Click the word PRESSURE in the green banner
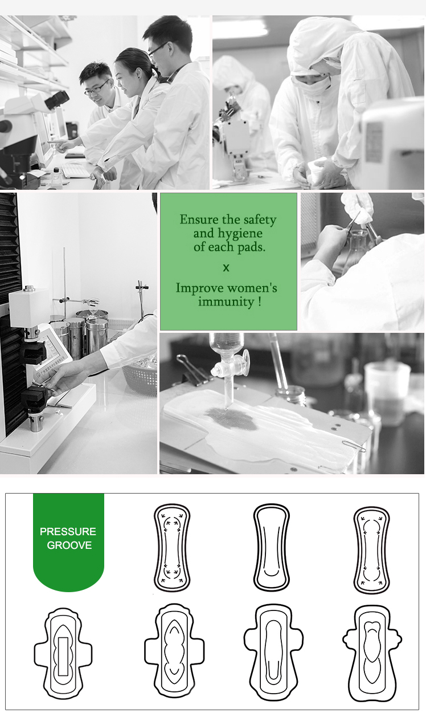[x=68, y=532]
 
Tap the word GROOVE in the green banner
[x=69, y=545]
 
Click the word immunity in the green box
[x=226, y=302]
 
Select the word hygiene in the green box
[x=240, y=234]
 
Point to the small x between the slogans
[x=226, y=268]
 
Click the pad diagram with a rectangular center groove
[x=63, y=653]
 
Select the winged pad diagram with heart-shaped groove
[x=372, y=653]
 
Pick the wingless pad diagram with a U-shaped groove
[x=272, y=548]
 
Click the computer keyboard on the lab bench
[x=77, y=170]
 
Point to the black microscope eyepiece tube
[x=57, y=100]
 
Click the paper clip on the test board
[x=354, y=445]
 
